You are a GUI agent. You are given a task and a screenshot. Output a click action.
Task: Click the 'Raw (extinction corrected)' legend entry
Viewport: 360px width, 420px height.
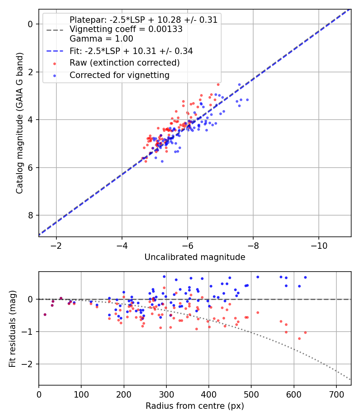tap(124, 63)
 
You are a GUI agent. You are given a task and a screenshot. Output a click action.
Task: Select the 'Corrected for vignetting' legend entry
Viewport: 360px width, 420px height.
tap(119, 75)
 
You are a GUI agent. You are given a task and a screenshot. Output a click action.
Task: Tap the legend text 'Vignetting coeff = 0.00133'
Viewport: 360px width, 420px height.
tap(126, 29)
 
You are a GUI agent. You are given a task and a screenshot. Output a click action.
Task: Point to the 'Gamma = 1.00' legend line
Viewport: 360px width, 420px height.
tap(101, 39)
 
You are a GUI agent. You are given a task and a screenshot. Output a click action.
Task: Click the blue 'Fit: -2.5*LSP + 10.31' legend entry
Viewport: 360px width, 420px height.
tap(131, 51)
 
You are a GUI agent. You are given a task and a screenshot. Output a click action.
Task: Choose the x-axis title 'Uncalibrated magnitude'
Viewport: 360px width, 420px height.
tap(195, 257)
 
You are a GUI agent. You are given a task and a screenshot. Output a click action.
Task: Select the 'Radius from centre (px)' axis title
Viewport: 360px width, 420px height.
tap(195, 406)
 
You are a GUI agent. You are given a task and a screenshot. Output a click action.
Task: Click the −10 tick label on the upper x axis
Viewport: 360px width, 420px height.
tap(318, 245)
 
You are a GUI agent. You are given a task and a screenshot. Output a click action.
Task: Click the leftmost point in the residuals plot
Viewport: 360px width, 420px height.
tap(45, 314)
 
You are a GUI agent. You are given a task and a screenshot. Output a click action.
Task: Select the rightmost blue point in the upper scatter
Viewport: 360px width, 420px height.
tap(247, 100)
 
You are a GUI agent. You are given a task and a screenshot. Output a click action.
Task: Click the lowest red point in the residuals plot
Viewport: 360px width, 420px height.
tap(299, 338)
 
